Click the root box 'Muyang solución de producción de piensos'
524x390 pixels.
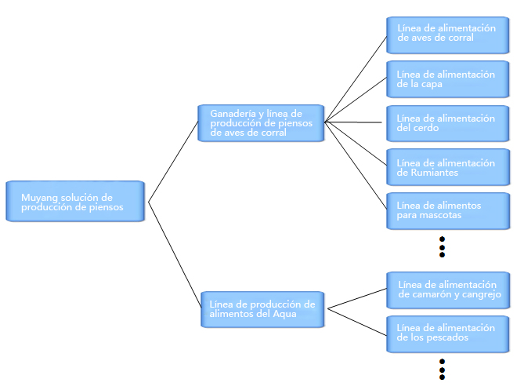tap(75, 201)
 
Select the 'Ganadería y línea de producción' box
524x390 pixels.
tap(261, 123)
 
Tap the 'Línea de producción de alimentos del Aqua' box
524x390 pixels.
tap(262, 309)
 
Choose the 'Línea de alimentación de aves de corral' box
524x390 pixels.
tap(448, 35)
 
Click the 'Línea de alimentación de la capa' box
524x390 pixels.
tap(448, 79)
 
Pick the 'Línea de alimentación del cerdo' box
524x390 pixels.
tap(448, 123)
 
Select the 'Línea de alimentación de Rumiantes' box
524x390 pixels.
tap(448, 167)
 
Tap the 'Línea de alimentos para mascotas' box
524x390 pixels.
tap(448, 211)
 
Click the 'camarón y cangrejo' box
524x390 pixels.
tap(448, 290)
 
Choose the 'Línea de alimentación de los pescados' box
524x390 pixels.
tap(448, 334)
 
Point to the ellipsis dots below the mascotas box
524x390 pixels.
tap(442, 247)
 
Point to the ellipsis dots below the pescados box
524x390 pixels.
tap(442, 370)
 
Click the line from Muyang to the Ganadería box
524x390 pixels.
tap(173, 162)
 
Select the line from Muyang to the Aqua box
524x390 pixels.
tap(175, 255)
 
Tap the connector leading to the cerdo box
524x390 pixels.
tap(353, 122)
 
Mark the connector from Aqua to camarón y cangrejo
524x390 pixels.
tap(357, 298)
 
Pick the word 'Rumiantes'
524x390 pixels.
tap(434, 173)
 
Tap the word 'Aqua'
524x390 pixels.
tap(285, 315)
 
